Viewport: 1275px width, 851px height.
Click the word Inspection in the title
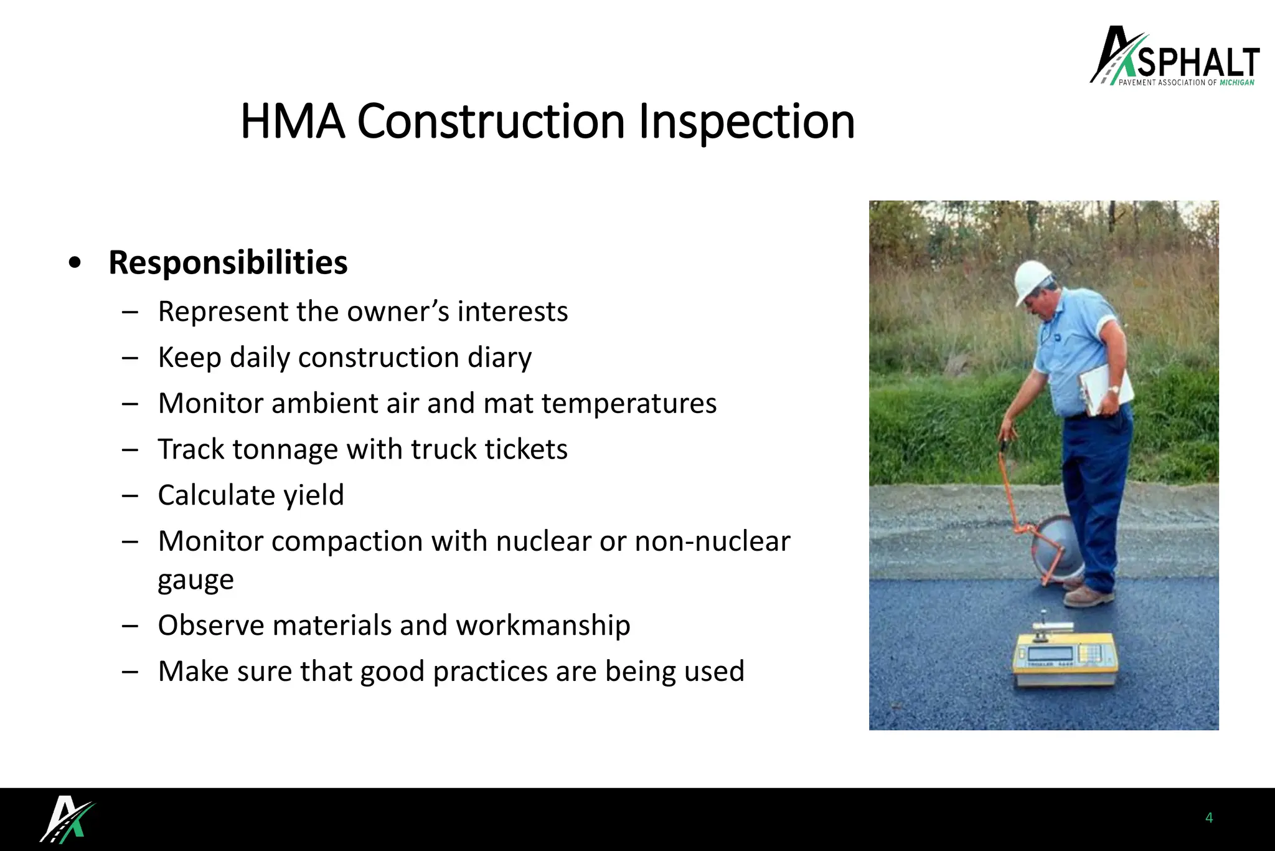(746, 122)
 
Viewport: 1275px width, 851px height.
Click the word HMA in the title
(292, 122)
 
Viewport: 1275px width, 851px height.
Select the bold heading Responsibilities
(228, 262)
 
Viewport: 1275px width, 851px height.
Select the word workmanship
(543, 625)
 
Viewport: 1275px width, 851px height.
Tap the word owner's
(398, 311)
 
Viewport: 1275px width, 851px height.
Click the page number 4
(1209, 818)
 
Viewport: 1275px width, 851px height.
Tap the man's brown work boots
(1087, 595)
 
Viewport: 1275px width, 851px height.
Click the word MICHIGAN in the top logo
(1236, 82)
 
